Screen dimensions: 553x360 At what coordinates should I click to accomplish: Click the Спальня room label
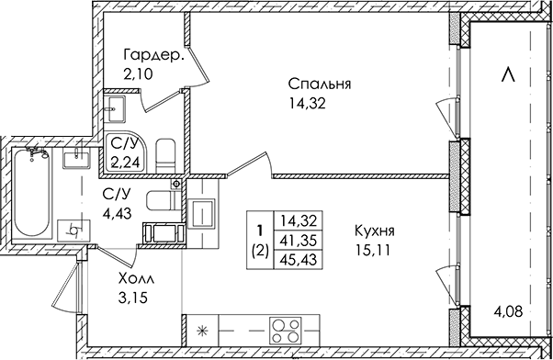click(x=320, y=84)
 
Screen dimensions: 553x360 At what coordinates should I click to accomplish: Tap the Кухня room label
click(x=374, y=231)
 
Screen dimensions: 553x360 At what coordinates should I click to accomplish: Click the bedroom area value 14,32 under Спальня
click(x=307, y=104)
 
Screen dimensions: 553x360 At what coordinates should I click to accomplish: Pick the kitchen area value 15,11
click(x=374, y=251)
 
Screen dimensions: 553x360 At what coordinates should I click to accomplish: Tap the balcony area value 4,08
click(x=507, y=312)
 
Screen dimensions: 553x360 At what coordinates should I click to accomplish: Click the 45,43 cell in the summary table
click(x=299, y=260)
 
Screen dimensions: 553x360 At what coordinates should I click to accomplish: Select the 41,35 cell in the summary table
click(x=299, y=242)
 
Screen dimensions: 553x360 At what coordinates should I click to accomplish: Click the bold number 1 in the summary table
click(x=260, y=231)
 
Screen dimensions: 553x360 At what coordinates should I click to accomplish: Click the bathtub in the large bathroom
click(x=32, y=195)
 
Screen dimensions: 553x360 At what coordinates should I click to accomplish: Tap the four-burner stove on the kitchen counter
click(x=286, y=331)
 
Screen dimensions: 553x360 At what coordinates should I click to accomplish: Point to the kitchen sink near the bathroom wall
click(x=201, y=214)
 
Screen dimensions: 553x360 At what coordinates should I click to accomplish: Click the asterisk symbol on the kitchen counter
click(x=202, y=331)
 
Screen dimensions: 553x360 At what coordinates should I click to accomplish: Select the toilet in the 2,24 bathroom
click(x=165, y=156)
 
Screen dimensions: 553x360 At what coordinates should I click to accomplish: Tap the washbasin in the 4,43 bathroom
click(x=76, y=158)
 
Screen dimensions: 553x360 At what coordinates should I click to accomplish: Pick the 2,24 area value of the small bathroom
click(x=126, y=163)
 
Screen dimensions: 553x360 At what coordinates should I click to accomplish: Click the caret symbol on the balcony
click(x=508, y=75)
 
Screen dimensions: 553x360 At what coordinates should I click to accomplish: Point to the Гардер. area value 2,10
click(x=138, y=74)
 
